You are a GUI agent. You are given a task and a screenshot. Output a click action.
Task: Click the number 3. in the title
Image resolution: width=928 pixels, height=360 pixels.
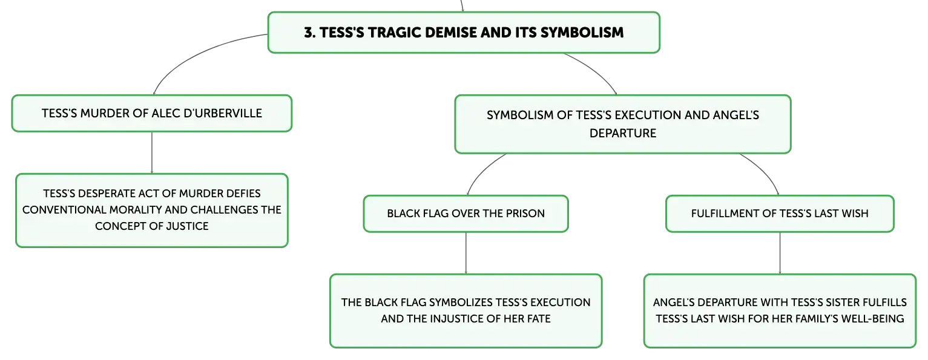click(x=310, y=33)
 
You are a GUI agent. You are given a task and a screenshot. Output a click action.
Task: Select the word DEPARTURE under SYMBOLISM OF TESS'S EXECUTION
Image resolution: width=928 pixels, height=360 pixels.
click(x=623, y=133)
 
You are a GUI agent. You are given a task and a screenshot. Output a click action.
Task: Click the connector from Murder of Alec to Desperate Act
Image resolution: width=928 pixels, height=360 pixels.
click(x=151, y=152)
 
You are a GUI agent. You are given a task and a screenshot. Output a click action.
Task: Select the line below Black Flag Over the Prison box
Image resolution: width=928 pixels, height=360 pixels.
click(x=466, y=253)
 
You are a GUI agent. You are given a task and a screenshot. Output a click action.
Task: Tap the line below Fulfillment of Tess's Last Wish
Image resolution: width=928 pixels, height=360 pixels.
click(x=780, y=253)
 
